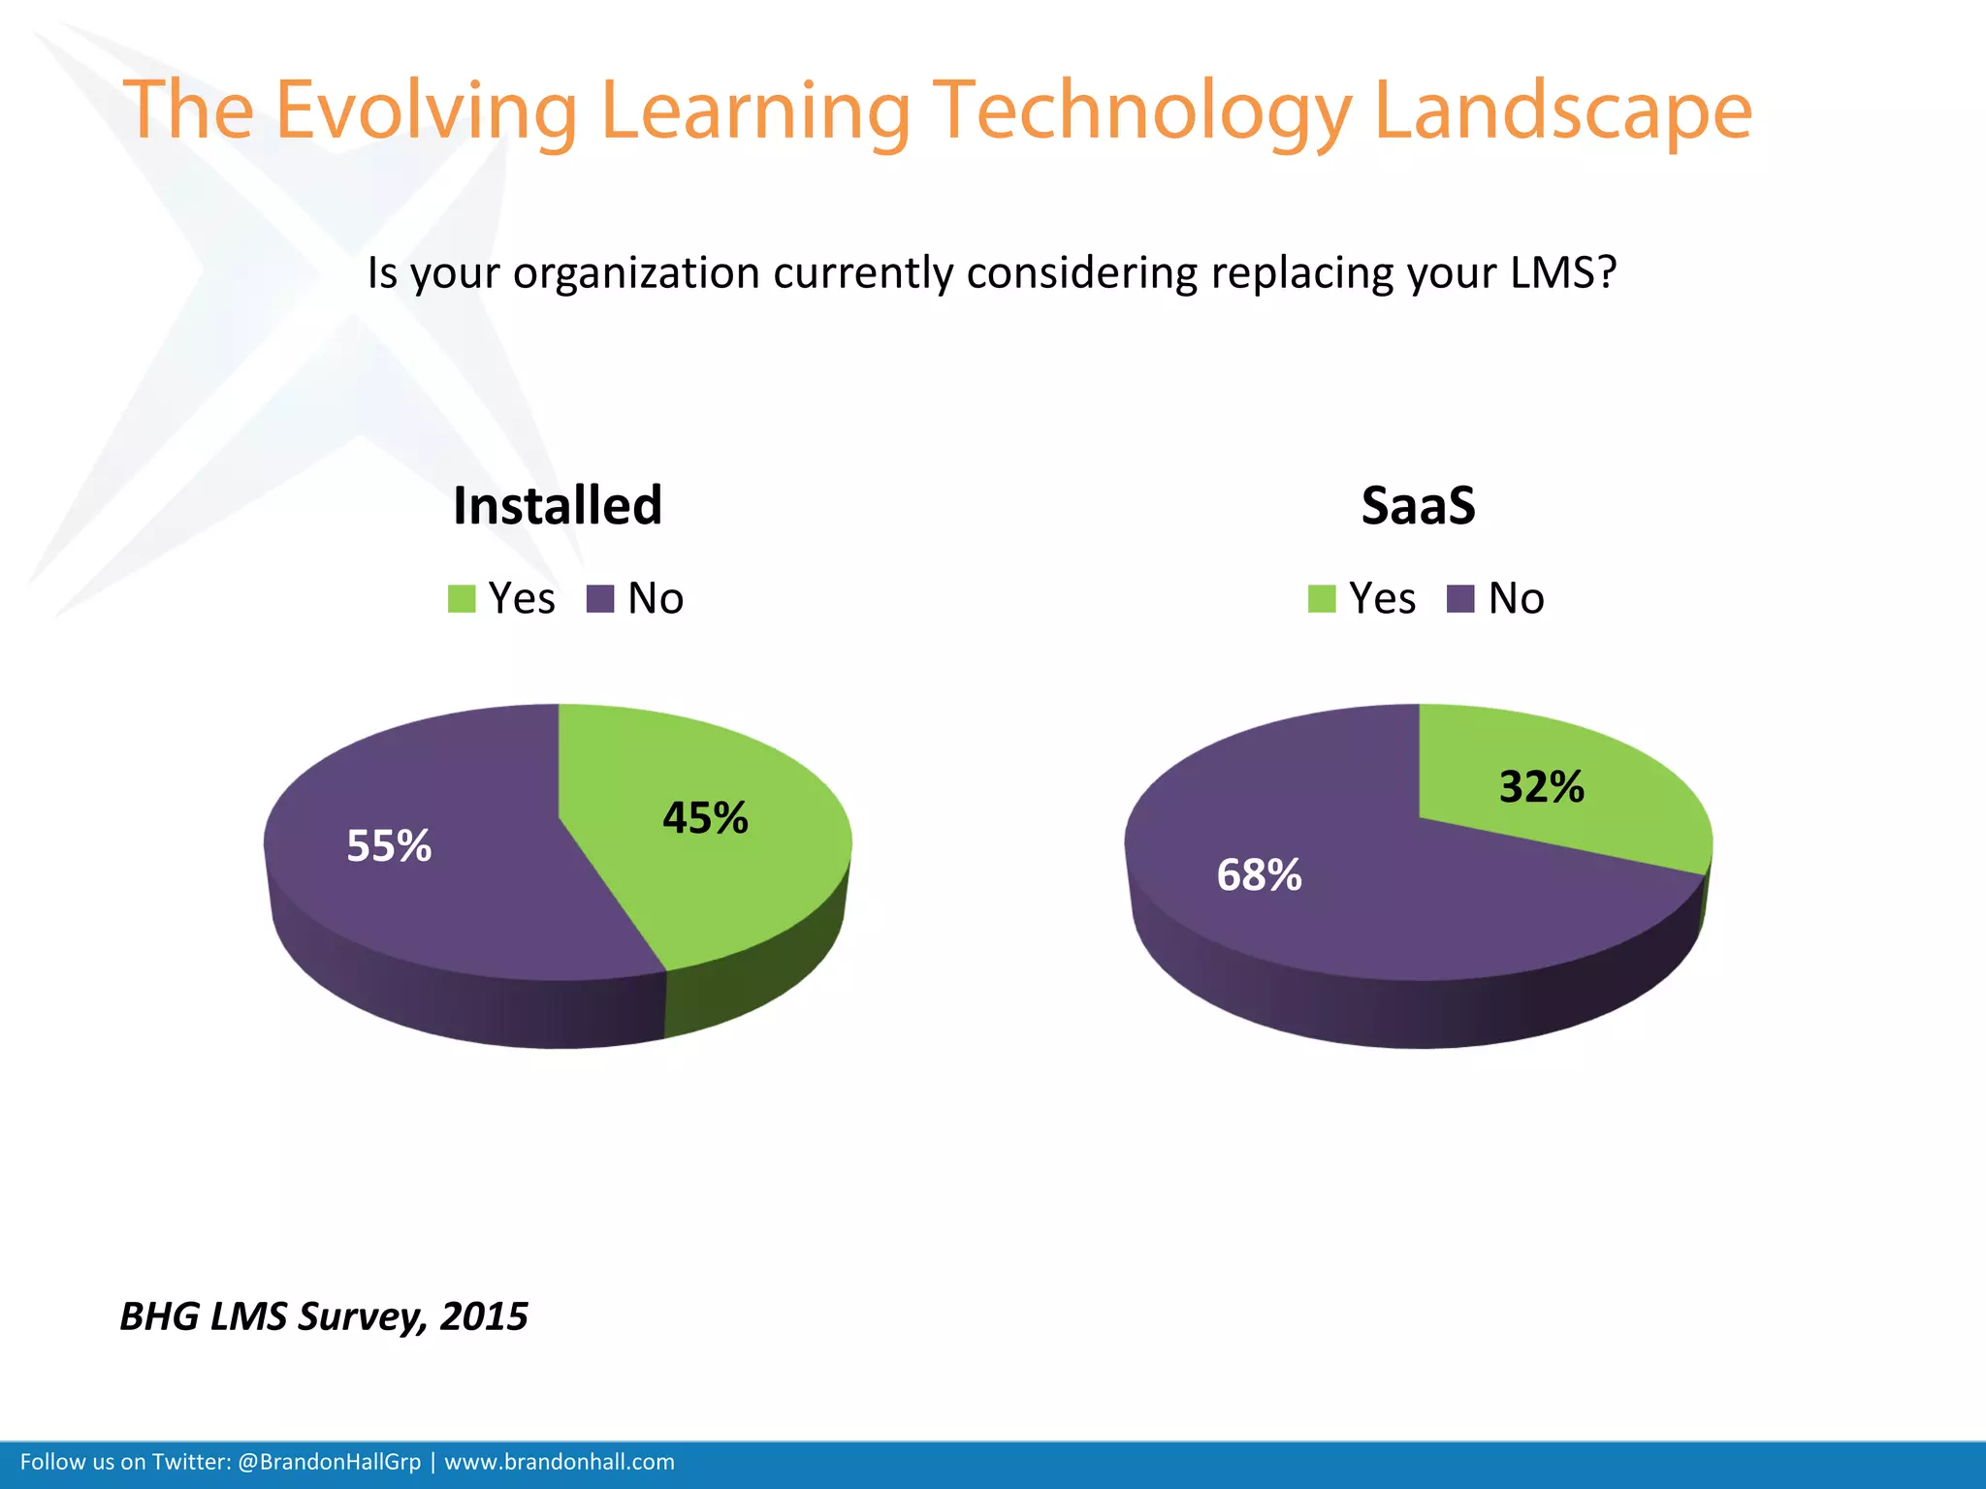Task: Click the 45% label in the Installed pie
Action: click(705, 818)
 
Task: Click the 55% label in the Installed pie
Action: click(389, 846)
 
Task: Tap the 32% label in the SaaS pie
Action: click(1541, 786)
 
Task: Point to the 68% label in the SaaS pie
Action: click(1259, 875)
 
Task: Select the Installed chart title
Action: click(558, 506)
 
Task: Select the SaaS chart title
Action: click(1418, 506)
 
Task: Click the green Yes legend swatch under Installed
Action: click(462, 599)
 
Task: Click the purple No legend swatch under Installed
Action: click(600, 599)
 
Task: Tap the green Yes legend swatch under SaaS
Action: click(1322, 599)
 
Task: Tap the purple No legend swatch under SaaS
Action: click(1460, 599)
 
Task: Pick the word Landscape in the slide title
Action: click(1563, 111)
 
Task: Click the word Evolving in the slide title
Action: click(426, 111)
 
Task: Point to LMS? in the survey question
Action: click(1563, 273)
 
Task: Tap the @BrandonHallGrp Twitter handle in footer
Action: click(329, 1462)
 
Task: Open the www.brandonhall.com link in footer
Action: click(560, 1462)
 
